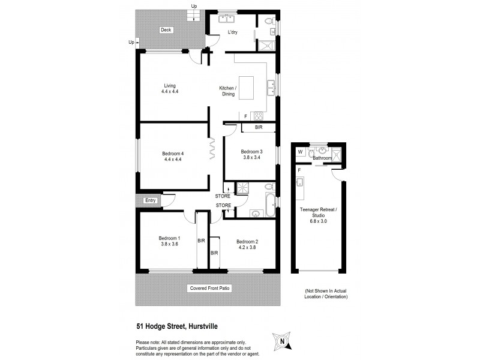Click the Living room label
tap(170, 89)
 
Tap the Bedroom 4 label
tap(173, 157)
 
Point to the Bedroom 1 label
tap(170, 241)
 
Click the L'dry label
tap(233, 32)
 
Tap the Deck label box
tap(166, 30)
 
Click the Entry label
tap(150, 200)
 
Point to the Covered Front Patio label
tap(210, 288)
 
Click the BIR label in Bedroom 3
tap(259, 127)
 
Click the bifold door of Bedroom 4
tap(214, 149)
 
